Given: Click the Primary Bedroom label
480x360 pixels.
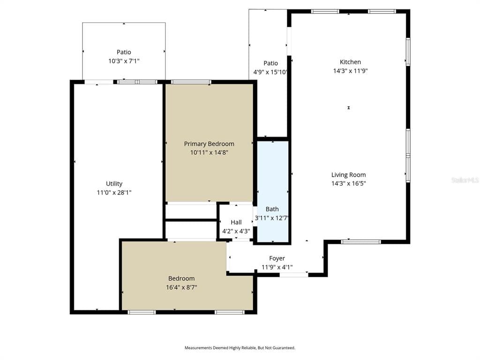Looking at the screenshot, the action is (209, 144).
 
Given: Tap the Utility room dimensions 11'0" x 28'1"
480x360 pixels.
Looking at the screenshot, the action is (114, 193).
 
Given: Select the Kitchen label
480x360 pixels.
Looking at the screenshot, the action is (350, 62).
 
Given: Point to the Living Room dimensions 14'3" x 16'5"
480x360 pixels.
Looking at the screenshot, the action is (349, 183).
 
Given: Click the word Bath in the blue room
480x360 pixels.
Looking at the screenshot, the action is (272, 209).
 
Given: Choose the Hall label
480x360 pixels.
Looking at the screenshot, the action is (236, 222).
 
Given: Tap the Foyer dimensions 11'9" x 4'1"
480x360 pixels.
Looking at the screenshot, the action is (277, 267).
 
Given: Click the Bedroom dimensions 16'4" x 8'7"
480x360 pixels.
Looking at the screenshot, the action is (181, 287).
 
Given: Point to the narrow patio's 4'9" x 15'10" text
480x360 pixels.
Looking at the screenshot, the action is (270, 72).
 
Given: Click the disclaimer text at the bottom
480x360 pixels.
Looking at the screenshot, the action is (240, 348).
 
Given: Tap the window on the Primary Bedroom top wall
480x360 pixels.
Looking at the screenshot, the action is (191, 82).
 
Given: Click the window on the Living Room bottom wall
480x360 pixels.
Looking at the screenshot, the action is (361, 242).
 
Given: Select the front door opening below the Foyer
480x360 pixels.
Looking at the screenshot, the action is (294, 275).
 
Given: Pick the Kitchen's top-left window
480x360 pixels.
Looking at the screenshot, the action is (325, 12).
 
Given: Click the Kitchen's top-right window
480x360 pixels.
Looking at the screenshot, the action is (382, 12).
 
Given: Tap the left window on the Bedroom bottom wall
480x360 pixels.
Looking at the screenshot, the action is (142, 312).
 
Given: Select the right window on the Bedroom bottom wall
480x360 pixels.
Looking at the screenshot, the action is (230, 312).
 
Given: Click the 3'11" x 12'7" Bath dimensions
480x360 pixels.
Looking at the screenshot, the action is (272, 218).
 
